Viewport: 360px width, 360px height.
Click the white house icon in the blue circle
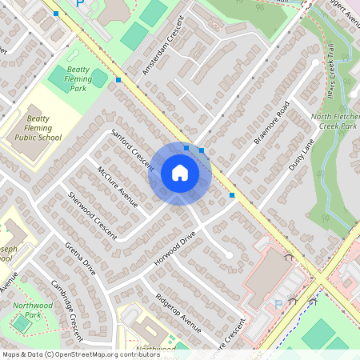(179, 173)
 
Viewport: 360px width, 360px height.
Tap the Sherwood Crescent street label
(92, 216)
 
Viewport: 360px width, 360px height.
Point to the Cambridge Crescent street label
(66, 300)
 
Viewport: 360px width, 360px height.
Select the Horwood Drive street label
(176, 249)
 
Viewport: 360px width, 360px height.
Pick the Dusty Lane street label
(301, 156)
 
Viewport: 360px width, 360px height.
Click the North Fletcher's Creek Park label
(334, 121)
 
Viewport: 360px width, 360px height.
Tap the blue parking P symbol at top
(79, 4)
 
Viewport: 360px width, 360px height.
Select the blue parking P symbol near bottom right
(278, 304)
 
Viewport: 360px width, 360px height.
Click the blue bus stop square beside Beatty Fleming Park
(118, 80)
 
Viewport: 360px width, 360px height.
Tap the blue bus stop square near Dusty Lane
(232, 194)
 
